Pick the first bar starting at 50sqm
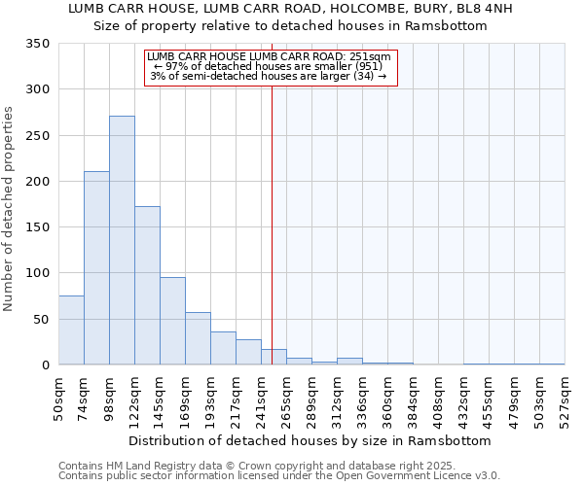71,330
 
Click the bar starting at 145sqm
172,322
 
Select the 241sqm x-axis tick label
261,397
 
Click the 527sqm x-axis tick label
565,397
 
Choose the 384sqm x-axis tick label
413,397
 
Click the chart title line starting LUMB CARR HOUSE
290,9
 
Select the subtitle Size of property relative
290,26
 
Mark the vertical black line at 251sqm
272,224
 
